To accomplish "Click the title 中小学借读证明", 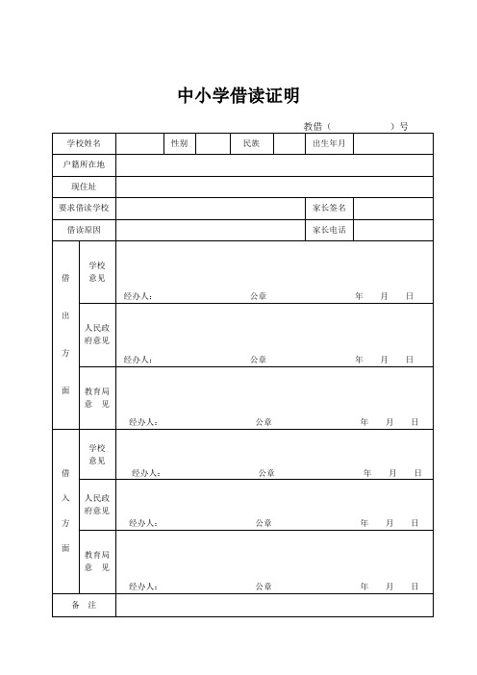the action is point(239,95).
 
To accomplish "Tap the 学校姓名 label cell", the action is point(84,143).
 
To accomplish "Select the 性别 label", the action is point(179,143).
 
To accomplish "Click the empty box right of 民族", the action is point(288,143).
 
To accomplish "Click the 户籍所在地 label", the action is point(84,164).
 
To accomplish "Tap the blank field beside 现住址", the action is point(275,186).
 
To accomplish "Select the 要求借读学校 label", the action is point(84,208).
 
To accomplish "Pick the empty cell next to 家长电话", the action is point(394,230).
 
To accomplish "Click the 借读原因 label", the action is point(84,230).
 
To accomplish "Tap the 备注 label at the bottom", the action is point(84,606).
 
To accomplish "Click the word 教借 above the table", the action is point(312,126).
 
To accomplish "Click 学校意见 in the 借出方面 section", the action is point(97,271).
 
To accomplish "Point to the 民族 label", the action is point(251,143).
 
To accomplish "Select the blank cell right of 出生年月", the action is point(394,143).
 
